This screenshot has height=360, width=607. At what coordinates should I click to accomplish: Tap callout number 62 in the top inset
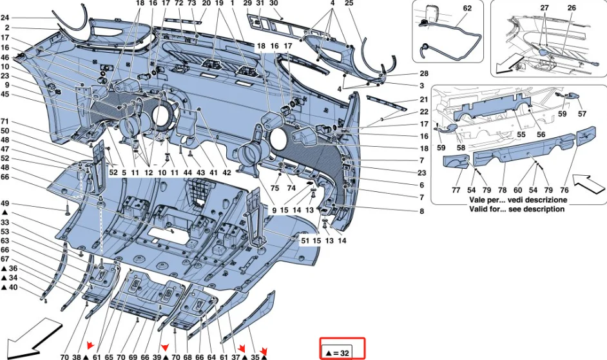click(x=467, y=8)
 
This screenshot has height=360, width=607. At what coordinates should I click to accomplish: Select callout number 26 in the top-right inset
click(x=572, y=8)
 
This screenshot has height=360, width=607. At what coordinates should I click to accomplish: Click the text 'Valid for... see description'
click(x=519, y=209)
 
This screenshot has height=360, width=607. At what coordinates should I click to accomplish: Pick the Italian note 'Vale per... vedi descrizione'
click(x=519, y=200)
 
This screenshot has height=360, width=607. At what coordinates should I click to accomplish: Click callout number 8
click(x=422, y=211)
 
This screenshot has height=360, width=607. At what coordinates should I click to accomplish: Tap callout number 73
click(x=192, y=4)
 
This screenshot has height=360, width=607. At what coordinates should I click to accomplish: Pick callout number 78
click(x=502, y=191)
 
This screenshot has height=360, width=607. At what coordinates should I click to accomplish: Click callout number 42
click(x=227, y=173)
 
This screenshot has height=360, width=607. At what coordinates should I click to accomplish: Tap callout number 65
click(x=109, y=356)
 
